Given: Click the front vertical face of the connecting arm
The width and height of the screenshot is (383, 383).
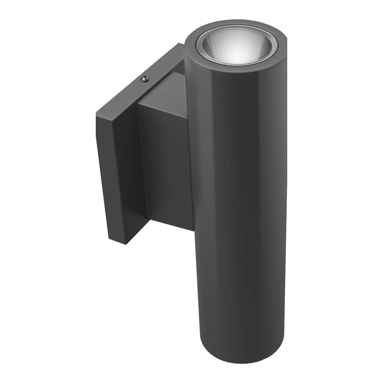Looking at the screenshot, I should click(x=167, y=161).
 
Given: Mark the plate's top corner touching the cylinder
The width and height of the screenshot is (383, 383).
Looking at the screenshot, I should click(x=183, y=45).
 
